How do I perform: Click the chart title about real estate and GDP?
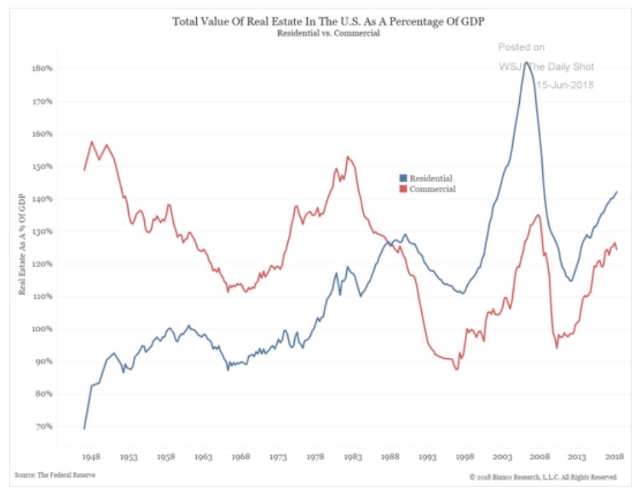pyautogui.click(x=328, y=22)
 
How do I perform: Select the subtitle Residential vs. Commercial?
pyautogui.click(x=328, y=33)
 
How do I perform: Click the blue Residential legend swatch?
pyautogui.click(x=403, y=178)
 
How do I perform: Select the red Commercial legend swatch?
pyautogui.click(x=403, y=189)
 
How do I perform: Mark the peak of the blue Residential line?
pyautogui.click(x=526, y=62)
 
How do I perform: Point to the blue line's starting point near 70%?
pyautogui.click(x=84, y=428)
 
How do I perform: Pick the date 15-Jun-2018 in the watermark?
pyautogui.click(x=565, y=85)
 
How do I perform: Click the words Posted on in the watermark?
pyautogui.click(x=521, y=47)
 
